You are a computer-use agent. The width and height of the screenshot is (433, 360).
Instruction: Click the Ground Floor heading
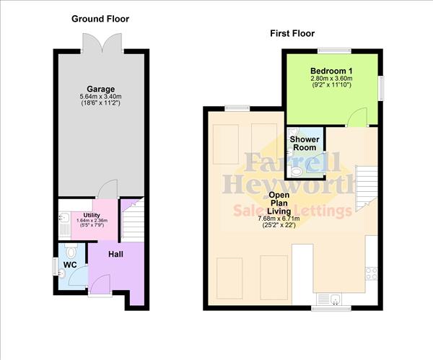click(x=100, y=18)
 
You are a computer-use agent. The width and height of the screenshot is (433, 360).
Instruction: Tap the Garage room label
click(x=102, y=89)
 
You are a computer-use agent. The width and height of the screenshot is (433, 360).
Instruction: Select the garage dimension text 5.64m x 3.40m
click(x=102, y=97)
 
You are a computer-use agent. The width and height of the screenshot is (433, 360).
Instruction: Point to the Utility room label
click(x=92, y=215)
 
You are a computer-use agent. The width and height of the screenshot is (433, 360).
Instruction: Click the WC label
click(x=70, y=265)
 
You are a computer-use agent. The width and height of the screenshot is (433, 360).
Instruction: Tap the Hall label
click(x=116, y=255)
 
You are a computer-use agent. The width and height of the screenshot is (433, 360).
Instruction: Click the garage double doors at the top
click(x=101, y=40)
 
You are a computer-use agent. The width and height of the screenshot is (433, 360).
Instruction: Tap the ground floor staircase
click(x=131, y=216)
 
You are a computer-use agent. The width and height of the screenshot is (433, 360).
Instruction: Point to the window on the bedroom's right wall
click(x=382, y=89)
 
